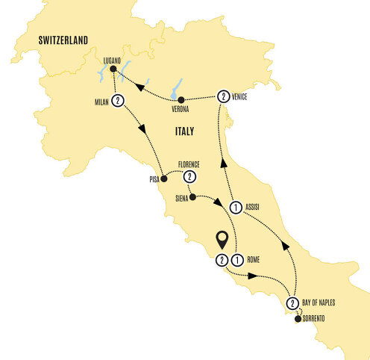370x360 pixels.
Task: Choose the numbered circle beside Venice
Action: (222, 96)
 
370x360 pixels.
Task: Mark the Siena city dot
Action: (192, 199)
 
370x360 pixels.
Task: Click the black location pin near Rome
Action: (222, 240)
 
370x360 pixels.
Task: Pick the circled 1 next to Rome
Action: (236, 260)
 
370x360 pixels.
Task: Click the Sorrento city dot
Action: (298, 319)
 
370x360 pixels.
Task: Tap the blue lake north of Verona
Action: (179, 87)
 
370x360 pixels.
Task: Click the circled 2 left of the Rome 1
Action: (222, 260)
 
